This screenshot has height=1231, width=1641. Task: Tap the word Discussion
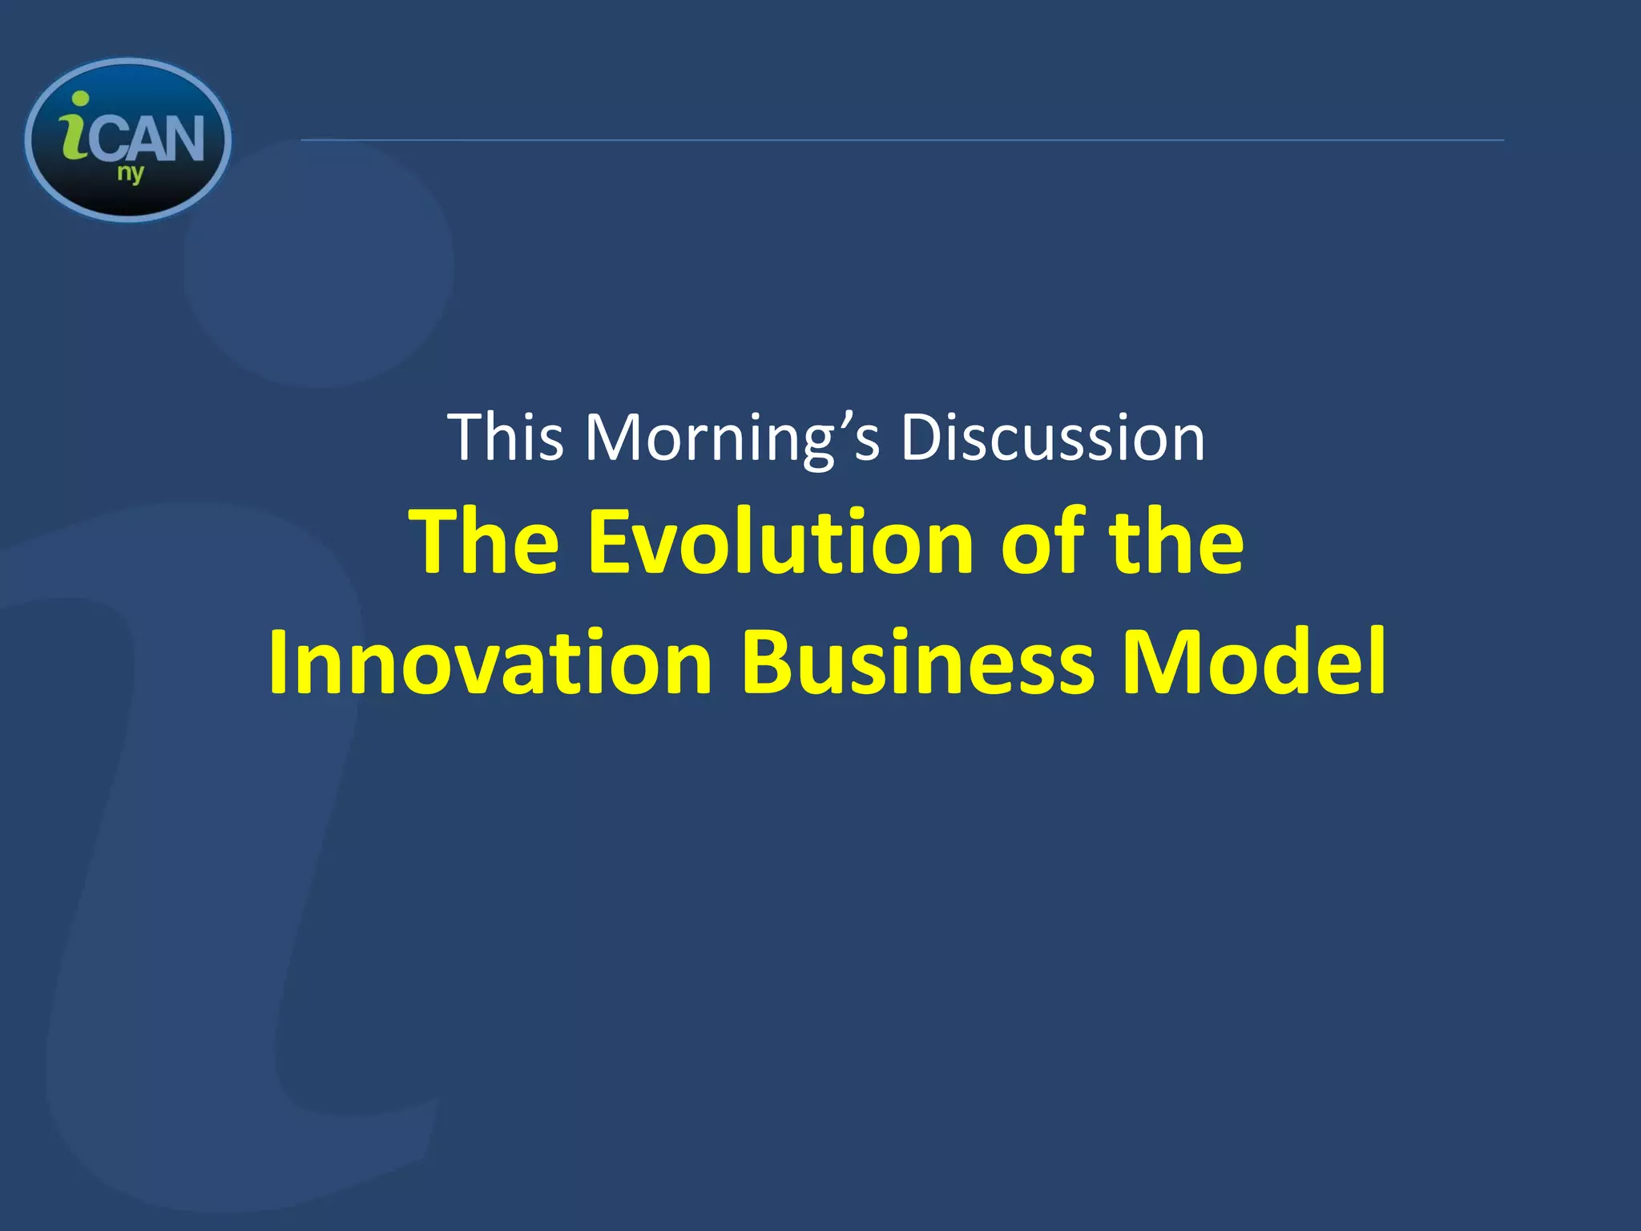(1052, 438)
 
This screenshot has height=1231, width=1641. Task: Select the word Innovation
(490, 663)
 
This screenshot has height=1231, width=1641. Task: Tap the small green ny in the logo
(131, 173)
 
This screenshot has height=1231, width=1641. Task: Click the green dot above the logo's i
(79, 99)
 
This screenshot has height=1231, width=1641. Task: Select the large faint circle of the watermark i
(319, 264)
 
